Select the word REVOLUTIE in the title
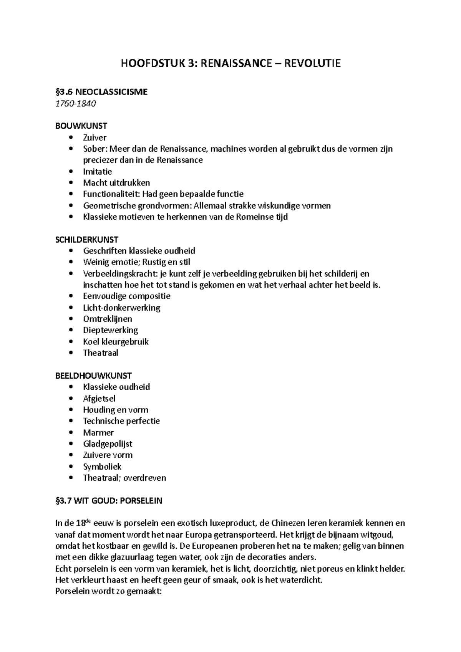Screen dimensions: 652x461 (312, 63)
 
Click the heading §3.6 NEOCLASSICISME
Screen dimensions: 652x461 (101, 92)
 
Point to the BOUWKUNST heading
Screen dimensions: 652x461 (81, 126)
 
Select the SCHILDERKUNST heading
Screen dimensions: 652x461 (87, 240)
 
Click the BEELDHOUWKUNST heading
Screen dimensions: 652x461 (93, 376)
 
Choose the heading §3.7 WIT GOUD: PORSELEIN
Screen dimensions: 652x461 (109, 501)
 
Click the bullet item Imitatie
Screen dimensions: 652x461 (97, 172)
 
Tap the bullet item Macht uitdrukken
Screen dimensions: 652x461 (116, 183)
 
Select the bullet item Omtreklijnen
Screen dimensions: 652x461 (108, 319)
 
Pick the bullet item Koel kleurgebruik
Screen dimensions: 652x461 (116, 341)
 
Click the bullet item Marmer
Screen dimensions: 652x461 (98, 432)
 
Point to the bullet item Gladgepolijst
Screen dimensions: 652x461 (108, 444)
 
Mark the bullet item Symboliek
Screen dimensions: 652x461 (102, 467)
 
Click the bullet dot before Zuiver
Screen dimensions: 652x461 (70, 138)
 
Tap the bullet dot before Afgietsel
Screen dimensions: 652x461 (70, 399)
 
